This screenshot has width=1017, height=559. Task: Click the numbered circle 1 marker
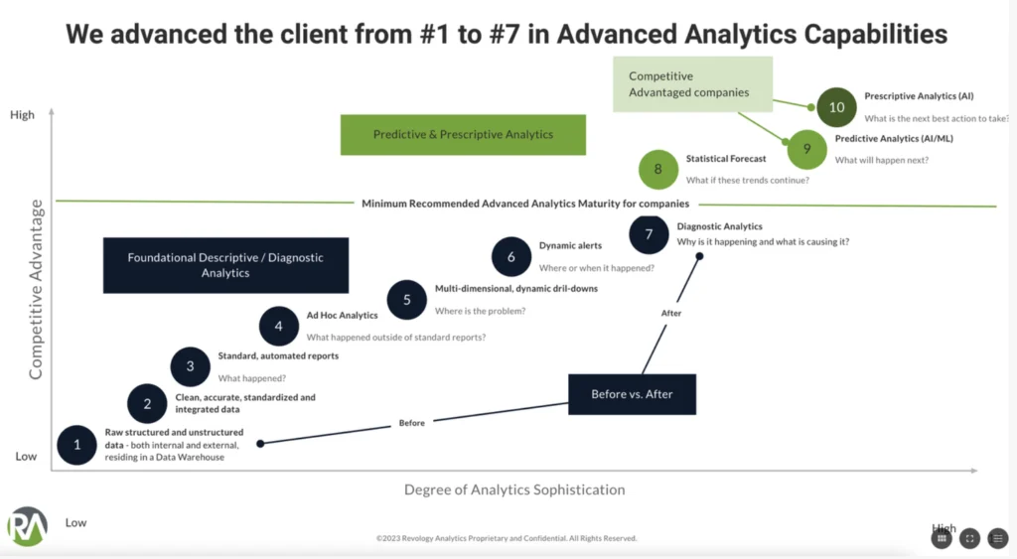(77, 445)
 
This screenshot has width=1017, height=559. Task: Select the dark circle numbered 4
(279, 326)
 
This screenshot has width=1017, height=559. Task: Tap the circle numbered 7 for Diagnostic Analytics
(649, 234)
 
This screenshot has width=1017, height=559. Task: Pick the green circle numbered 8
(657, 169)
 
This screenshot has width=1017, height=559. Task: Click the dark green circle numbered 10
(836, 107)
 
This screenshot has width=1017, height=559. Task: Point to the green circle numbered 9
(807, 149)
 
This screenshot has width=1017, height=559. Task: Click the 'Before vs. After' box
(631, 394)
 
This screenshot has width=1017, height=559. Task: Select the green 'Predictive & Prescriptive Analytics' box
(463, 135)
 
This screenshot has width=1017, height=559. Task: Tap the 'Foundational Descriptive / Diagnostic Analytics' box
(225, 265)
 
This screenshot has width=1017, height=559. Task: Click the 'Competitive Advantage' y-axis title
(37, 289)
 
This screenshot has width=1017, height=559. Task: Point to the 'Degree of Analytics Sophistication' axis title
(514, 489)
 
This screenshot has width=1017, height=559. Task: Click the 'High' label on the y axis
(22, 115)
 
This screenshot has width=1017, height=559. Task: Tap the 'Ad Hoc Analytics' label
(342, 316)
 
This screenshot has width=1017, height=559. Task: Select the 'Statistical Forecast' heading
(726, 159)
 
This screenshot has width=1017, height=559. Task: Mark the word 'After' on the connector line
(671, 314)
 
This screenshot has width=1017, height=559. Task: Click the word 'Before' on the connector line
(411, 423)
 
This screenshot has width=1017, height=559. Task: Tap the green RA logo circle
(27, 527)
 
